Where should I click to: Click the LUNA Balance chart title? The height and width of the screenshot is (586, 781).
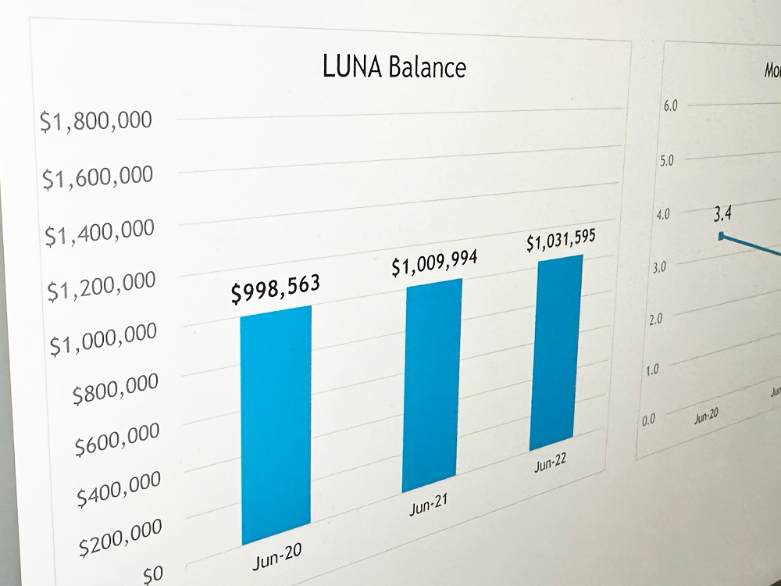(394, 67)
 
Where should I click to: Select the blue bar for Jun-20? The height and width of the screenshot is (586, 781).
(275, 425)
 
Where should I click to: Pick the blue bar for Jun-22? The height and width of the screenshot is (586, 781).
(555, 352)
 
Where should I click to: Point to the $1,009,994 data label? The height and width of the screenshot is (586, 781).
(434, 264)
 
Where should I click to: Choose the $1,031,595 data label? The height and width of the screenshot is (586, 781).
(561, 241)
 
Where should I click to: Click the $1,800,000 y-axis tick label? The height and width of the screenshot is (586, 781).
(97, 122)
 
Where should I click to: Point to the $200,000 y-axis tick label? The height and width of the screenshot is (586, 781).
(121, 537)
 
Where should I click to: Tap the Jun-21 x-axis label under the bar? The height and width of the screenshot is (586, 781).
(428, 506)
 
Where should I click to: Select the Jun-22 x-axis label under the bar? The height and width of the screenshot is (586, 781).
(550, 463)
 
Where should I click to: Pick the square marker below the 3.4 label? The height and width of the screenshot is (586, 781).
(722, 235)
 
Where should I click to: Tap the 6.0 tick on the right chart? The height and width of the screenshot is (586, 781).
(670, 105)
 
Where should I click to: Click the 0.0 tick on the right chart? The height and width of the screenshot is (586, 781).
(649, 420)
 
